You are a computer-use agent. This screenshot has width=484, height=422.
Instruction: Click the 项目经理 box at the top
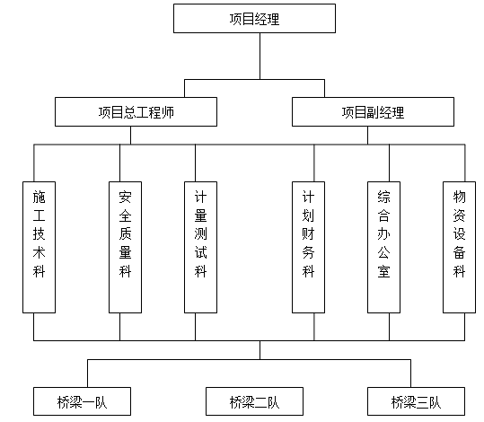coord(260,20)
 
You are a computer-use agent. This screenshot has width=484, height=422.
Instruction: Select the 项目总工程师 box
coord(136,112)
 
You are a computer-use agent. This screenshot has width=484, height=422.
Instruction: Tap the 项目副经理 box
coord(373,112)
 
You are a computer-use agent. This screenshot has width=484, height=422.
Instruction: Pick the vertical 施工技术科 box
coord(38,247)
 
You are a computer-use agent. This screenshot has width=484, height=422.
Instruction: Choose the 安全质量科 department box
coord(125,247)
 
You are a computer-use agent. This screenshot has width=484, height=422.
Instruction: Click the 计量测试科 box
coord(200,247)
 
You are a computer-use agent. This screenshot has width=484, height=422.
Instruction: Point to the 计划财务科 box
coord(308,247)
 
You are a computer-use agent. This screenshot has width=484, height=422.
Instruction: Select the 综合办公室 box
coord(383,247)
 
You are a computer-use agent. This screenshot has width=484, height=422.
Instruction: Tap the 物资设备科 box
coord(459,247)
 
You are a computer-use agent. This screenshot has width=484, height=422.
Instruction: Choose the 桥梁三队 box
coord(416,400)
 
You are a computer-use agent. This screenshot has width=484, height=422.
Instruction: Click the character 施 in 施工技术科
coord(38,195)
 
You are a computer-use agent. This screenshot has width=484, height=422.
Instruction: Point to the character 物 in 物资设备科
coord(459,195)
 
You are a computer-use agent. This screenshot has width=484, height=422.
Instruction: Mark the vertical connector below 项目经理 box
coord(260,58)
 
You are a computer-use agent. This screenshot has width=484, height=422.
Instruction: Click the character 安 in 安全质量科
coord(125,195)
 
